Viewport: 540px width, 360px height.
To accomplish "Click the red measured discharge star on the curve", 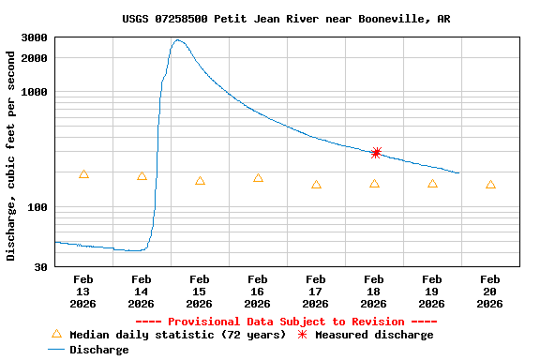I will click(376, 153).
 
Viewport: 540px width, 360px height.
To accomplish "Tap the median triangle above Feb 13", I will click(83, 174).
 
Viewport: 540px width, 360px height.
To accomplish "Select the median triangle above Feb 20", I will click(490, 186).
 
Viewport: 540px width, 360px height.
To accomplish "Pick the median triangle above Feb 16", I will click(258, 178).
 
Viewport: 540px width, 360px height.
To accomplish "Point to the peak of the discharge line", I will click(177, 40).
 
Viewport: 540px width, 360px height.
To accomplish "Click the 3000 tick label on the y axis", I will click(35, 37).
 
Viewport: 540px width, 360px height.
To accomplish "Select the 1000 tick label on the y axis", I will click(35, 92).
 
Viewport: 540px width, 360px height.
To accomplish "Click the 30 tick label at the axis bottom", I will click(41, 267).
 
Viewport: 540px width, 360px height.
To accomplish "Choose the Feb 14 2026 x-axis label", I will click(142, 291).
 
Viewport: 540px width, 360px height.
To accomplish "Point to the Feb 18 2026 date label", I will click(373, 291).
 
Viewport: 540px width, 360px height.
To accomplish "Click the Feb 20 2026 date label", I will click(489, 291).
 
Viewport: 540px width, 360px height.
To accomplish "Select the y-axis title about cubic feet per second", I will click(11, 156).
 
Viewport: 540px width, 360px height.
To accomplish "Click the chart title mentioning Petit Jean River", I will click(286, 19).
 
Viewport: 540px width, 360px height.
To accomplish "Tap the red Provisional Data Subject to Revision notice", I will click(286, 322).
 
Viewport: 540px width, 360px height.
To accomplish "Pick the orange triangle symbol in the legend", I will click(56, 334).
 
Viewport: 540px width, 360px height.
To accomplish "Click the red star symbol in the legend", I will click(302, 335).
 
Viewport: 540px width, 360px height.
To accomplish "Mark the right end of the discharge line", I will click(458, 173).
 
